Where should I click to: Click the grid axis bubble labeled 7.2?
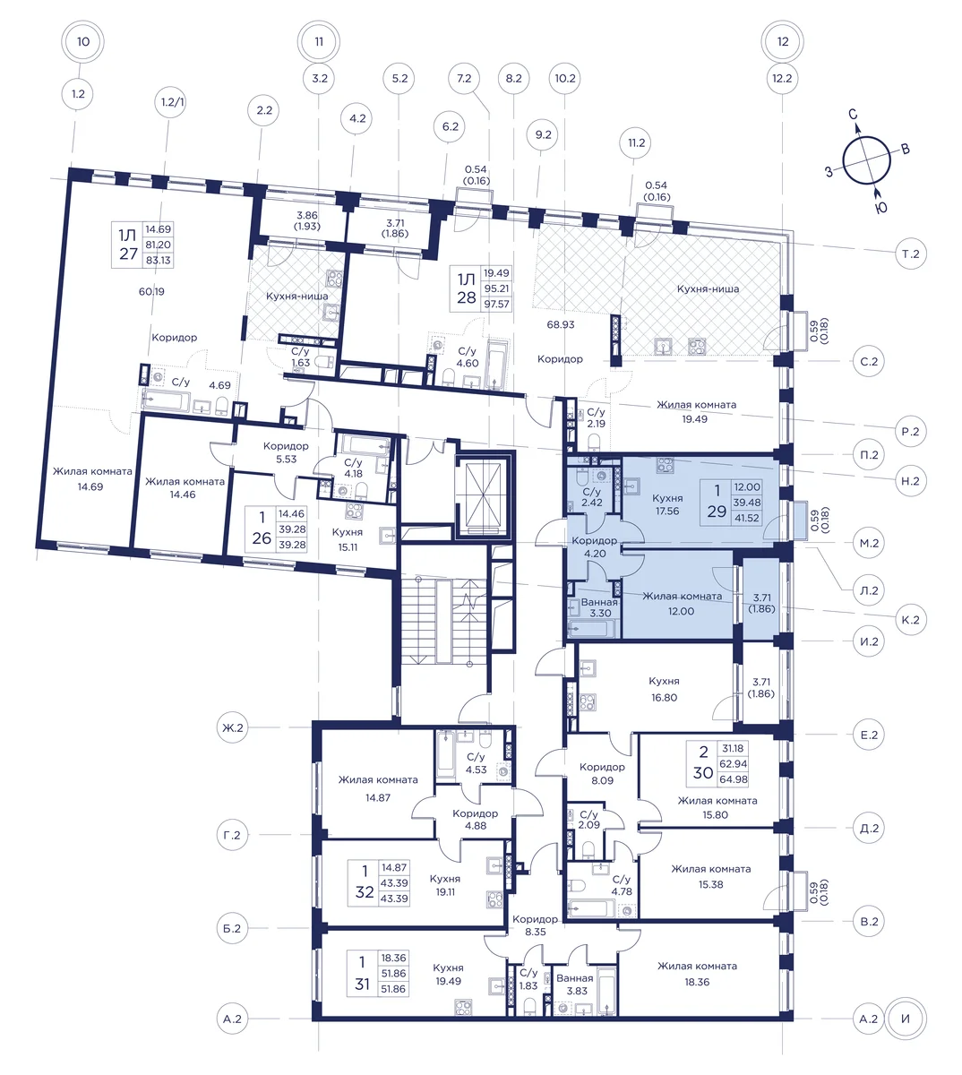(x=464, y=79)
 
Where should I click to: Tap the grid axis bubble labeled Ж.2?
(x=232, y=727)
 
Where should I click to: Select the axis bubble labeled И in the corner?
(x=906, y=1019)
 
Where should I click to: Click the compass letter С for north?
(x=853, y=114)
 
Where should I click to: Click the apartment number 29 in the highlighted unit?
(x=717, y=511)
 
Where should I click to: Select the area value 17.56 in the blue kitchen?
(x=667, y=511)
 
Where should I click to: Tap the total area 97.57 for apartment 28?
(x=496, y=304)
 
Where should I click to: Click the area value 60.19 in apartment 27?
(x=151, y=291)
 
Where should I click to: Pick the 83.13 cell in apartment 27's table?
(x=159, y=260)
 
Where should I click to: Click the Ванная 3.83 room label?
(x=575, y=984)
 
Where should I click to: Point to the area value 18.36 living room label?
(x=697, y=982)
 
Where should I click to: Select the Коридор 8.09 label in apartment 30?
(x=602, y=774)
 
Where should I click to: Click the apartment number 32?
(x=365, y=892)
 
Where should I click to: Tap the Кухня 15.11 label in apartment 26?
(x=348, y=539)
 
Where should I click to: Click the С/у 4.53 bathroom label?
(x=476, y=763)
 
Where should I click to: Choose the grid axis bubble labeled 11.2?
(x=636, y=142)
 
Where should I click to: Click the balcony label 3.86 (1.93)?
(x=307, y=220)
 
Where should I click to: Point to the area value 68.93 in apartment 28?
(x=561, y=324)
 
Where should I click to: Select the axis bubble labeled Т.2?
(x=911, y=254)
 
